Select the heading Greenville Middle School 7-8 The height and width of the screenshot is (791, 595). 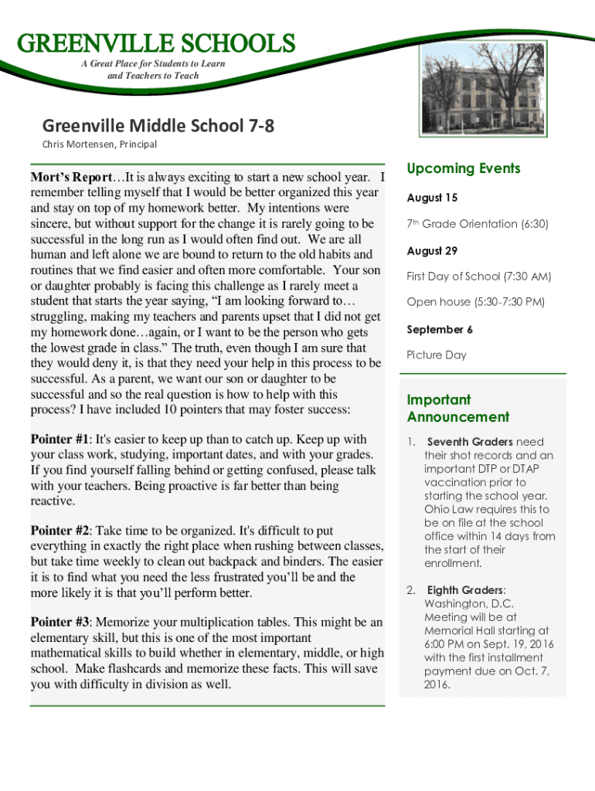(158, 125)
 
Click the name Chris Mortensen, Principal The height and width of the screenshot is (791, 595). (99, 144)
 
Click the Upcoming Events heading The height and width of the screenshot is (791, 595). (464, 168)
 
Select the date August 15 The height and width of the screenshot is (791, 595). (432, 198)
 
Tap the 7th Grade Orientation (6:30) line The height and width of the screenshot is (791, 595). (478, 224)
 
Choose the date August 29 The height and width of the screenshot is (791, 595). (432, 250)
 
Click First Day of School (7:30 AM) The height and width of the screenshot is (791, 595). (478, 277)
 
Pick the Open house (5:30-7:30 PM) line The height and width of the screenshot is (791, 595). (475, 302)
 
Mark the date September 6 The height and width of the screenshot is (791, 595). (440, 329)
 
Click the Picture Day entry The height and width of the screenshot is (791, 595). (437, 355)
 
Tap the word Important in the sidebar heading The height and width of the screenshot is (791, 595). (438, 400)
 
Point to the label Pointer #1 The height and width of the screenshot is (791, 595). (60, 440)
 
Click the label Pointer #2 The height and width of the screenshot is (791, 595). (60, 531)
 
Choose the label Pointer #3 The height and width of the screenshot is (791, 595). (60, 623)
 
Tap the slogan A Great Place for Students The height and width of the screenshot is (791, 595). (153, 63)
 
